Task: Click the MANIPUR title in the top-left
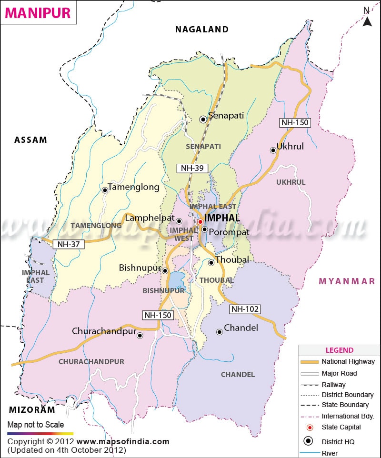(x=38, y=13)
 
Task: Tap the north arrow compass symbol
(x=367, y=18)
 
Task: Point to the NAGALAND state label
(x=202, y=30)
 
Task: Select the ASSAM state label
(x=31, y=140)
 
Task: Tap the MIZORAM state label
(x=32, y=409)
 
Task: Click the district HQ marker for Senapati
(x=203, y=119)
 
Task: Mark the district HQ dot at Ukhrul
(x=273, y=150)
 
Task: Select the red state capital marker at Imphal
(x=201, y=221)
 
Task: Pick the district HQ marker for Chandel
(x=219, y=332)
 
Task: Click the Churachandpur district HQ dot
(x=140, y=335)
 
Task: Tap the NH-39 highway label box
(x=192, y=168)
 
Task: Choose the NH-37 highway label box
(x=69, y=244)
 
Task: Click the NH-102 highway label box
(x=245, y=309)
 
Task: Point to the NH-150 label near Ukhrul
(x=295, y=122)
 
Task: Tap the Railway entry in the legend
(x=333, y=384)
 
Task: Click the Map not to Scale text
(x=36, y=425)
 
